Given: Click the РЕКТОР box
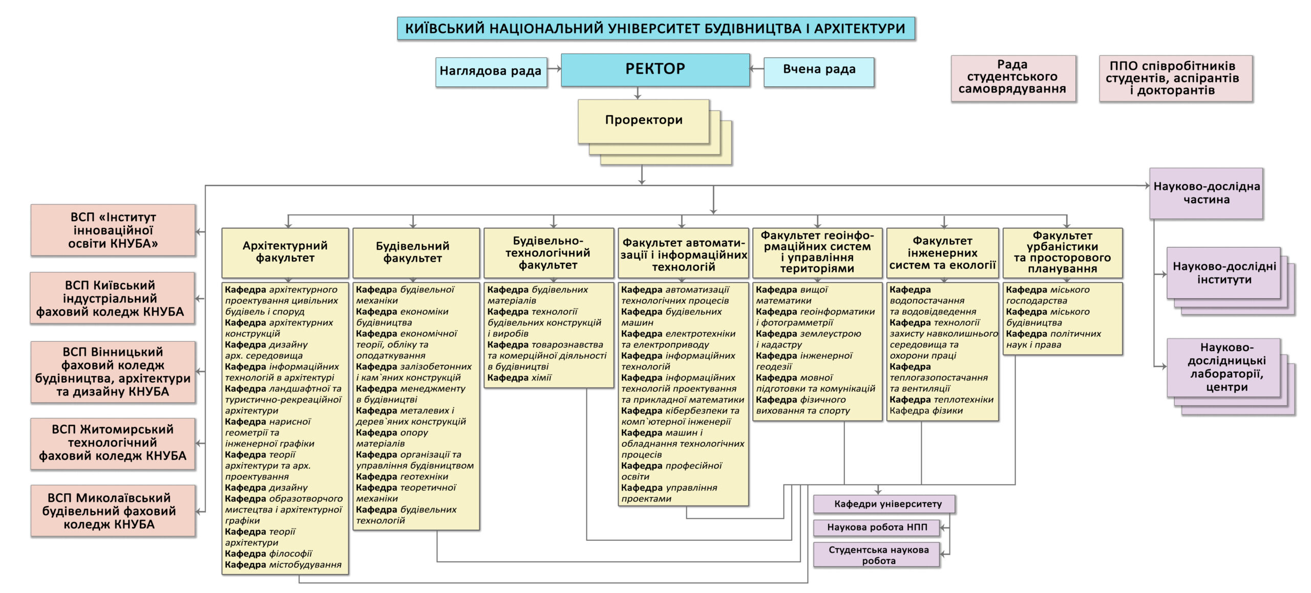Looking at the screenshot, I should pos(655,70).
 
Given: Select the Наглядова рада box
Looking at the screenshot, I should pos(491,72).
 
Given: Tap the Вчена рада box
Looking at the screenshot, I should pos(818,70).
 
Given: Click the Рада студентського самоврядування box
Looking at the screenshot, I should pos(1012,78).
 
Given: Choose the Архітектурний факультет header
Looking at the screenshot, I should pos(285,253).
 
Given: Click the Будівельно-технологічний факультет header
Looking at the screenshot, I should pos(548,253).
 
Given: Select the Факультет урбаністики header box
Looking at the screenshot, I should pos(1062,253).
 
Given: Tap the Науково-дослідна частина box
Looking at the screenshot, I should pos(1206,193).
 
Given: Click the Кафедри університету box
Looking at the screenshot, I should pos(884,504).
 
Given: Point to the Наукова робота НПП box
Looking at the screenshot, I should pos(876,528).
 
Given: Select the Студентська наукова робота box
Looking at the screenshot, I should pos(876,555).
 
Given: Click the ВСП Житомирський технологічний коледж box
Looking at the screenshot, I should pos(113,443).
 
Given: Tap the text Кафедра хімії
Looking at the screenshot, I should pos(519,378).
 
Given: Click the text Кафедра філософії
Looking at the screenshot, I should pos(268,554).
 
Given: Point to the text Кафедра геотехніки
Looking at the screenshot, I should pos(402,477).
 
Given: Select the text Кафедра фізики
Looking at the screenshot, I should pos(926,411).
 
